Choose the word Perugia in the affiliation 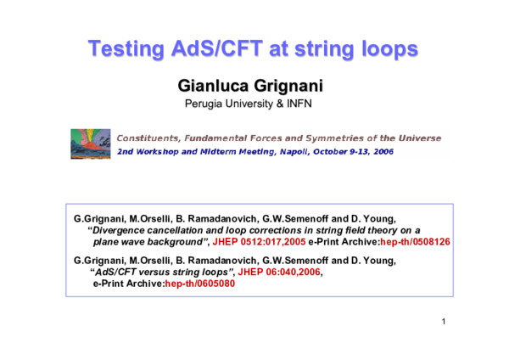204,104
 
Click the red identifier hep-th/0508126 415,241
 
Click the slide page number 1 444,323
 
